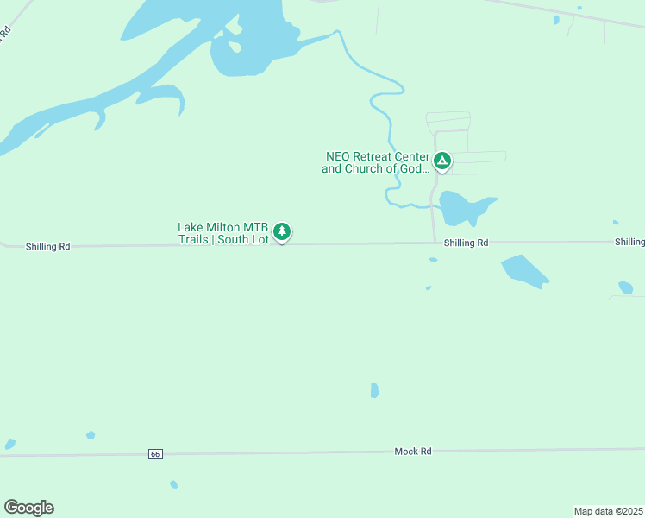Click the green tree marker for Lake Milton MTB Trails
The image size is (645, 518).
(x=282, y=231)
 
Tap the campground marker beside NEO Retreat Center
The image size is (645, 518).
(x=441, y=161)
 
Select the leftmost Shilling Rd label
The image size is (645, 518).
(x=47, y=246)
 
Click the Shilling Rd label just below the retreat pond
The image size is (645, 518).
(x=466, y=243)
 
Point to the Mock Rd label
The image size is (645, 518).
(x=412, y=452)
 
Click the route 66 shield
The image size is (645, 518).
(x=155, y=454)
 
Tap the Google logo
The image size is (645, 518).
(x=28, y=508)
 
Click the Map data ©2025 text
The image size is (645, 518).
(x=608, y=510)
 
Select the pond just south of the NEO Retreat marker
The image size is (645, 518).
(x=464, y=208)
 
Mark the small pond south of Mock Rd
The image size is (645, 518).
(x=173, y=484)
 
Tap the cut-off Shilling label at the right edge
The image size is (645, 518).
(x=629, y=242)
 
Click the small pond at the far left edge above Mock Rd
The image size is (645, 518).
(x=9, y=445)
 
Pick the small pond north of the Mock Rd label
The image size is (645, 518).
(x=374, y=390)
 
